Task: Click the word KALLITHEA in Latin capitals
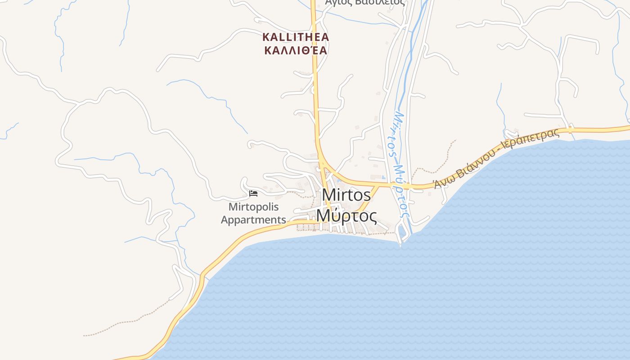[296, 37]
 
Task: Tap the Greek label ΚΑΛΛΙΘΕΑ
[296, 50]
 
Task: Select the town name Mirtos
[346, 195]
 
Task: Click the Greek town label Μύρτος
[346, 216]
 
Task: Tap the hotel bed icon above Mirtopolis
[253, 193]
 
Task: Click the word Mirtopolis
[253, 207]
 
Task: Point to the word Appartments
[253, 220]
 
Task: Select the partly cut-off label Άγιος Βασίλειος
[364, 2]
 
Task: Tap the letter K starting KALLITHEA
[266, 37]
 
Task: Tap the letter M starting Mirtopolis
[233, 207]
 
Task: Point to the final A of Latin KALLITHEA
[325, 37]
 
